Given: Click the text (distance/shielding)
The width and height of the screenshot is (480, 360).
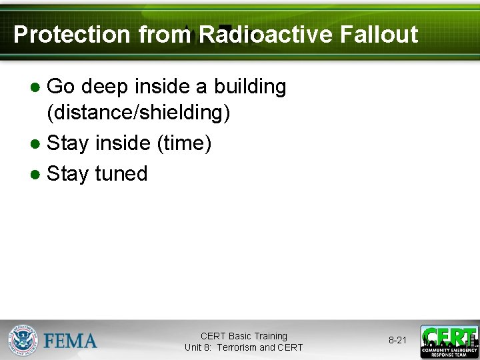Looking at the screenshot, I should [139, 113].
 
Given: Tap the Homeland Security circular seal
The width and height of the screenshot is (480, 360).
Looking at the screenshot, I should [23, 340].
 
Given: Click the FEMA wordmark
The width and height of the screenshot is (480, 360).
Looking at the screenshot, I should [70, 341].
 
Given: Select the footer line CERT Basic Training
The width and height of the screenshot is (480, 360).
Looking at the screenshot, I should [243, 336].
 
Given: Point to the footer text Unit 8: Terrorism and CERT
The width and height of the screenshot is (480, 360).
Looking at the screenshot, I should [243, 347].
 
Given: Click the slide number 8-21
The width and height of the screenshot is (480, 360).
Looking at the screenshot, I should [397, 340].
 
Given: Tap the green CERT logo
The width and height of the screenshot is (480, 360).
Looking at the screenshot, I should [449, 341].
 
